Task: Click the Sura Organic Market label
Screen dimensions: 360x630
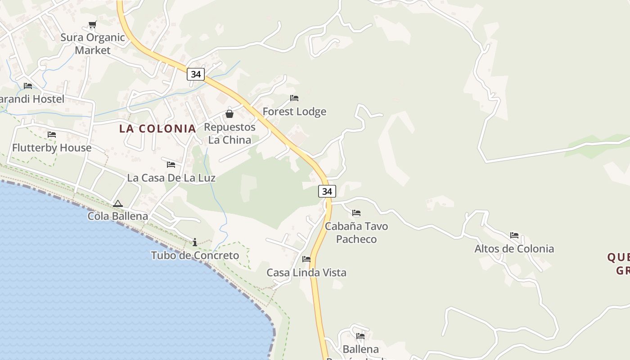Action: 93,44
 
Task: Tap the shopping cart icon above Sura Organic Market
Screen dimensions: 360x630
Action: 92,25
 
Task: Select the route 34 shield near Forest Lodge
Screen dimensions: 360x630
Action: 196,74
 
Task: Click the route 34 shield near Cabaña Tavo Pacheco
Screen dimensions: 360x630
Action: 327,191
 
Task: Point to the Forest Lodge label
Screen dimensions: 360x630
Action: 294,112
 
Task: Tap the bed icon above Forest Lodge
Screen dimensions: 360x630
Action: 294,98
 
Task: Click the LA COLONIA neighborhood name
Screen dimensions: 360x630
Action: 157,128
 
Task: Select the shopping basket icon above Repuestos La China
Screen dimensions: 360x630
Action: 229,114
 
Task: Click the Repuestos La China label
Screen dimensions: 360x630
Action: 229,134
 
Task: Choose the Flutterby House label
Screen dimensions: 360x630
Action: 52,148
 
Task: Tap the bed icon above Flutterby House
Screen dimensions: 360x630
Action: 52,135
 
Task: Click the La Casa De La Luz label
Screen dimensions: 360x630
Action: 171,178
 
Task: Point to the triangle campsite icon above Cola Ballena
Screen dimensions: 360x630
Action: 118,203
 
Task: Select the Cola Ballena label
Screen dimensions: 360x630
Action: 118,216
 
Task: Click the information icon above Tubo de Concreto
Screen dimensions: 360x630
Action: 195,242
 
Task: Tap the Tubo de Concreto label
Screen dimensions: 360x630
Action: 195,256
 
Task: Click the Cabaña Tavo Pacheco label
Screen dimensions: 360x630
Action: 356,233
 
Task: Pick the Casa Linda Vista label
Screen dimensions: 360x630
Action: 306,273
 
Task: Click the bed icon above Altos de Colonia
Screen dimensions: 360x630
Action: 514,235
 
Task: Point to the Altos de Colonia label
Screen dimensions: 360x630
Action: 514,249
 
